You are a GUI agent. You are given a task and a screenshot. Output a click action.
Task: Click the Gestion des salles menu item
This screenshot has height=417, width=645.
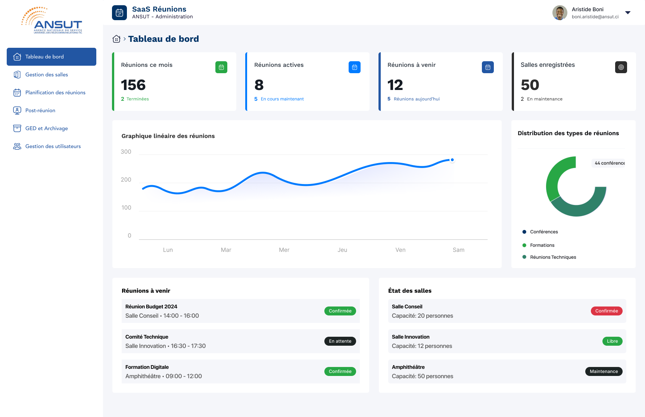47,75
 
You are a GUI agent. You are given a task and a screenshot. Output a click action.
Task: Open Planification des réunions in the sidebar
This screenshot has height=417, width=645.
55,93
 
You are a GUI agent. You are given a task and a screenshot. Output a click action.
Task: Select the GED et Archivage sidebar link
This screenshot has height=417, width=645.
47,128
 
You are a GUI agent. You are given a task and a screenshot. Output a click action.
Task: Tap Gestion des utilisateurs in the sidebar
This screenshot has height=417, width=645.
53,146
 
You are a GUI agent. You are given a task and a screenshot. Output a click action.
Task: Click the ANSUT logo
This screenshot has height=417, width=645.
52,21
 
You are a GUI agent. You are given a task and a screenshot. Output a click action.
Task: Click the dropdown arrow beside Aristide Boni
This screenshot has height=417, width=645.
628,13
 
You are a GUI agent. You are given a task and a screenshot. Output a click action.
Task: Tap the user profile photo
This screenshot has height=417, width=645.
560,13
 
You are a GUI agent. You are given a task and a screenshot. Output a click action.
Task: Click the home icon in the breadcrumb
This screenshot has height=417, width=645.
116,39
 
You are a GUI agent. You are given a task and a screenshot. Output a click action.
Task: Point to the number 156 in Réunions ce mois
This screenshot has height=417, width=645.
133,85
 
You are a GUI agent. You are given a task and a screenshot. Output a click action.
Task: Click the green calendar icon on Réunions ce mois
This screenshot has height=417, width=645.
221,67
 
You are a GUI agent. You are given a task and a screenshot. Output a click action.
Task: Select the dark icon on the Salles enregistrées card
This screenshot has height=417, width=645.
621,67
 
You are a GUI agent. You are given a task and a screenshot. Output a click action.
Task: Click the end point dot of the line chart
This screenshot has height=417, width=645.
452,160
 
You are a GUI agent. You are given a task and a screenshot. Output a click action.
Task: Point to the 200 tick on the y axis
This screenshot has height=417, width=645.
126,180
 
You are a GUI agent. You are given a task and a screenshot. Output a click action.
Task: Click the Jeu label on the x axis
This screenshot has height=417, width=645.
342,250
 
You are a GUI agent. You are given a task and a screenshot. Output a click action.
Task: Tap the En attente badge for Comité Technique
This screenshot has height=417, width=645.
340,341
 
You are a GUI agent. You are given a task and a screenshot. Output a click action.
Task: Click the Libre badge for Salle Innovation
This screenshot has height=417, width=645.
612,341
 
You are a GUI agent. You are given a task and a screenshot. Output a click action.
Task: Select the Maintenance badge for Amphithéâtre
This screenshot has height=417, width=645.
604,371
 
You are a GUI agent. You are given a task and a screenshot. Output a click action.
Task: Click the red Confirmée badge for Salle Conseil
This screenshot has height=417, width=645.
607,311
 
